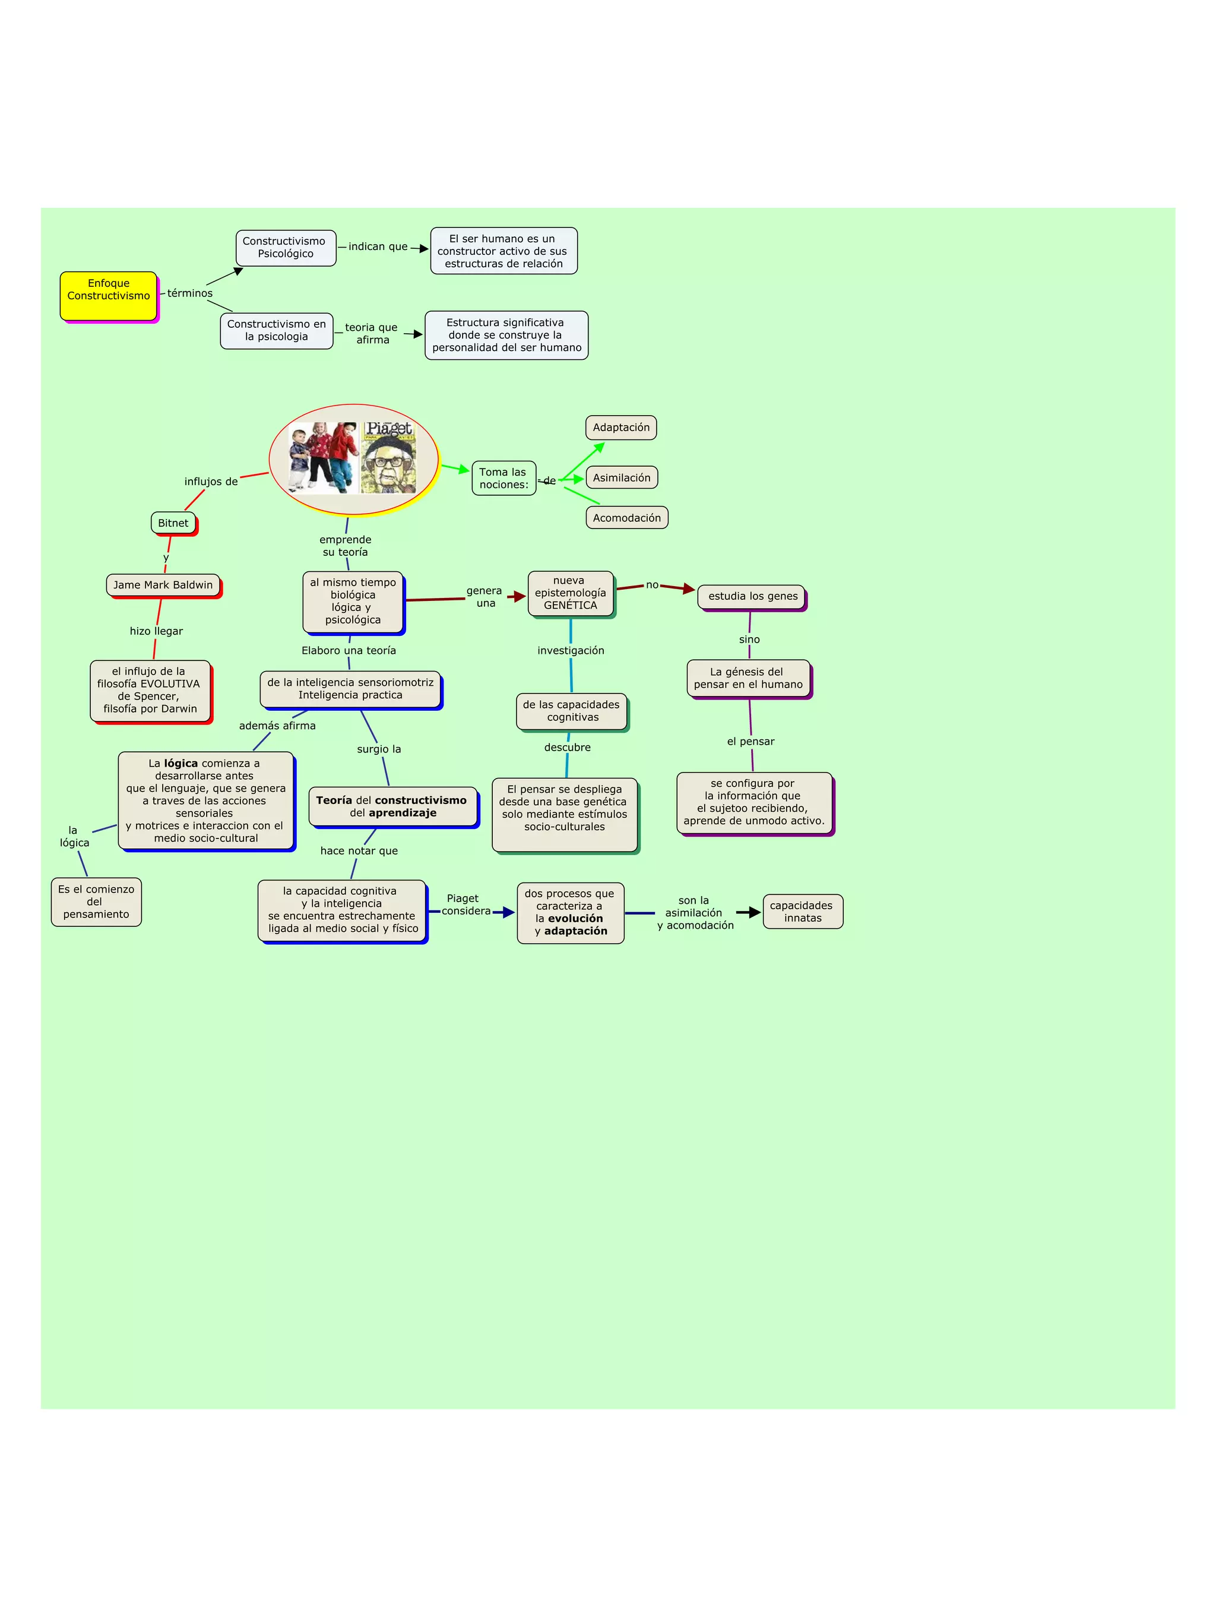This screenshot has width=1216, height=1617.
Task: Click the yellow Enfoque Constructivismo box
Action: [x=108, y=295]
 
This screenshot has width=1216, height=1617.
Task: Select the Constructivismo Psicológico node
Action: [x=285, y=248]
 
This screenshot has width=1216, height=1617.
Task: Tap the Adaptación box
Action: [x=620, y=428]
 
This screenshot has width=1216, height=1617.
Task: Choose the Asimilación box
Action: [x=621, y=478]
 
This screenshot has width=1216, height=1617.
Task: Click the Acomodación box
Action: [x=626, y=518]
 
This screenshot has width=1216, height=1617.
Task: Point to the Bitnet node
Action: [x=173, y=523]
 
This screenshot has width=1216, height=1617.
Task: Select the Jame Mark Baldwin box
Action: [x=163, y=585]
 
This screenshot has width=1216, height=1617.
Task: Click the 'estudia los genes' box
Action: [x=752, y=597]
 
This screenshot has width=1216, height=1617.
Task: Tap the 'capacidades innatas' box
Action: [x=802, y=912]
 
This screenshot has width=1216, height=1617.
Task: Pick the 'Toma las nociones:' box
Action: [x=503, y=478]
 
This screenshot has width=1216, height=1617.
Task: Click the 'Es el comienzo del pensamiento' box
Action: [x=96, y=901]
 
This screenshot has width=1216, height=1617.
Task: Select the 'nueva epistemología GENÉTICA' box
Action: [x=570, y=593]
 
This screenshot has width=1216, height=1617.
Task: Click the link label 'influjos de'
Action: [x=211, y=482]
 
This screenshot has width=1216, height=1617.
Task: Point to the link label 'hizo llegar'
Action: [x=156, y=631]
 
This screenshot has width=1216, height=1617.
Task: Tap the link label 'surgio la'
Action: [x=379, y=749]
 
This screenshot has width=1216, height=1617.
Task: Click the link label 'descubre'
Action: [x=567, y=747]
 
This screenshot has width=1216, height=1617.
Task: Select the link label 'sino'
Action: [x=749, y=640]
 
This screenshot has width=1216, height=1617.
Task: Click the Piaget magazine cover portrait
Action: [x=389, y=458]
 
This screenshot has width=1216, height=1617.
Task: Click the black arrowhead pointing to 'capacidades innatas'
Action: [x=754, y=912]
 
